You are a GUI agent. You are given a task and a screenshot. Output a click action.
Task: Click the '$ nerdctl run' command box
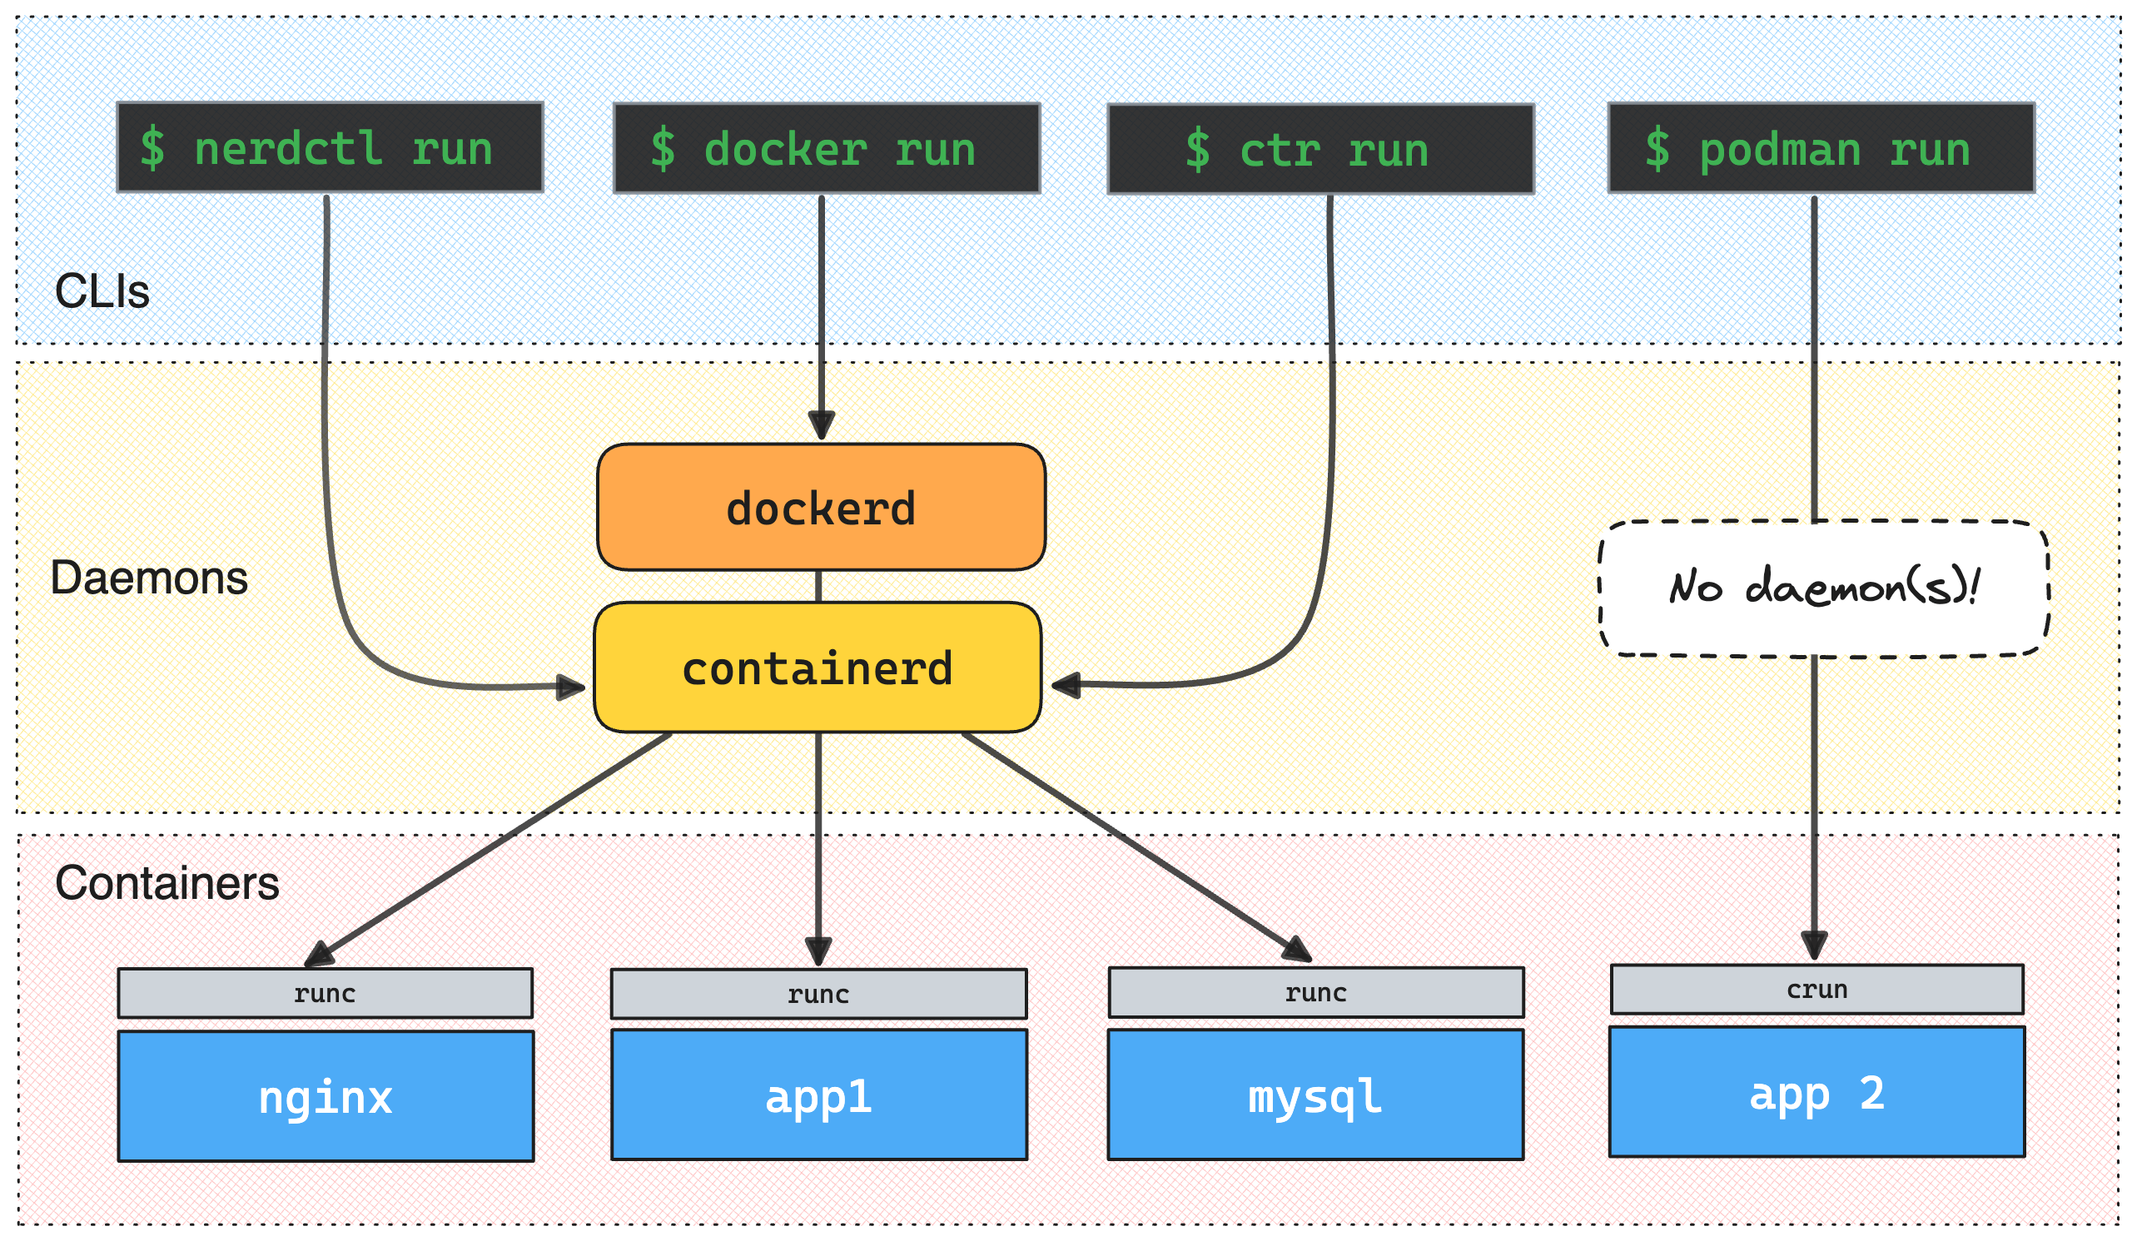(x=329, y=147)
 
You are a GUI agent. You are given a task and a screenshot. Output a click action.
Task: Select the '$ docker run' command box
(x=826, y=148)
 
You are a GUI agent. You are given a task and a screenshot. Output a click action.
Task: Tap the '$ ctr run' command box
(x=1320, y=149)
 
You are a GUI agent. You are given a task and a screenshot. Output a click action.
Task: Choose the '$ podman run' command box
(x=1821, y=148)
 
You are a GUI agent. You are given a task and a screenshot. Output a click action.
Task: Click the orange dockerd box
(x=821, y=507)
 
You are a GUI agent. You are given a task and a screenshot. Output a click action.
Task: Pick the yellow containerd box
(x=818, y=668)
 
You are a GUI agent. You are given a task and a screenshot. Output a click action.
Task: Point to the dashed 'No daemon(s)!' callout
(x=1823, y=588)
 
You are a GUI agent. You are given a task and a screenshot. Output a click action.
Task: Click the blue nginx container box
(x=326, y=1095)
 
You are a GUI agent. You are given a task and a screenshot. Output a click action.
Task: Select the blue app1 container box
(x=819, y=1095)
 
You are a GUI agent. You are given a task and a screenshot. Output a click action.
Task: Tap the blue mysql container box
(x=1315, y=1095)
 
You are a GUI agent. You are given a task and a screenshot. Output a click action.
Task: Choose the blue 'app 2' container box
(x=1816, y=1092)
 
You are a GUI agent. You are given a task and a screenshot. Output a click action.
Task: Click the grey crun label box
(x=1816, y=990)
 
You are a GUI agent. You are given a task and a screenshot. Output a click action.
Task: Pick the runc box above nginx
(x=326, y=993)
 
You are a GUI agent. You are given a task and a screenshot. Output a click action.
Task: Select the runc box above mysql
(x=1315, y=993)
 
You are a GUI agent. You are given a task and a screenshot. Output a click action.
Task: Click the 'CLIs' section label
(x=102, y=290)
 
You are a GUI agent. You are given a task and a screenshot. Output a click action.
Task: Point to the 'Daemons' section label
(x=148, y=578)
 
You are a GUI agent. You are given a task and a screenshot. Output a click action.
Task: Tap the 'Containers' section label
(x=167, y=882)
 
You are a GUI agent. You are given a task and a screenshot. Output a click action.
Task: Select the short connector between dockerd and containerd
(x=818, y=586)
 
